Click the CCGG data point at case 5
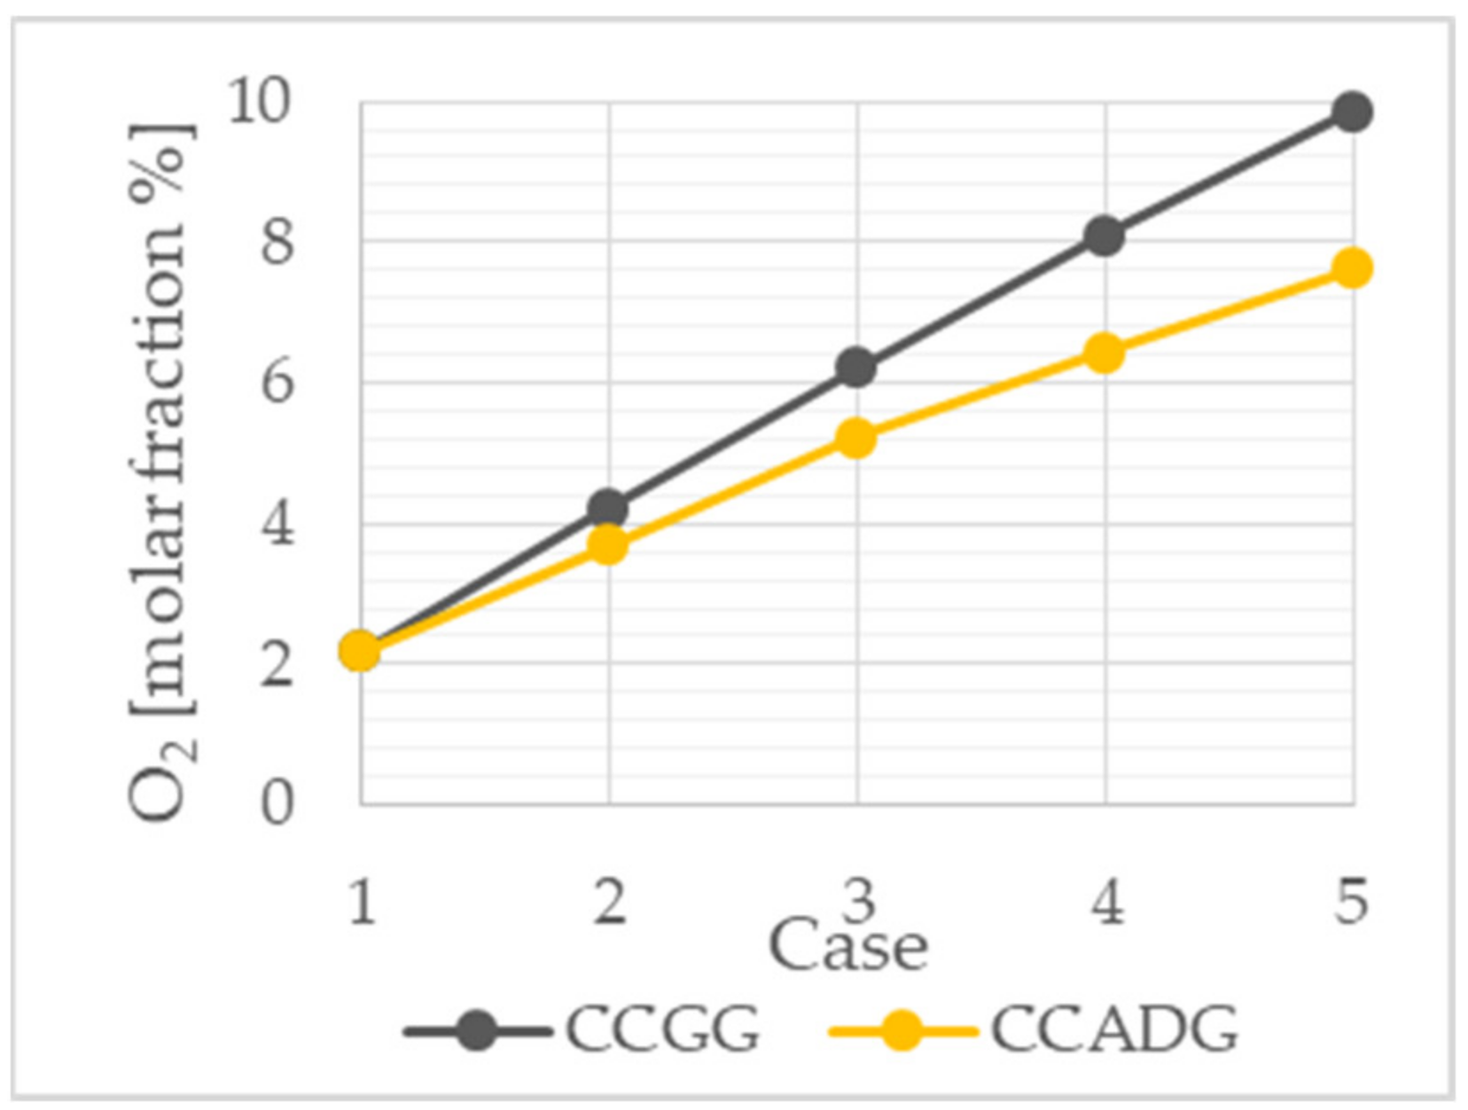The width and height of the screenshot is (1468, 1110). (x=1352, y=112)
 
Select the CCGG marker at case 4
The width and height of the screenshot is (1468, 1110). (x=1104, y=236)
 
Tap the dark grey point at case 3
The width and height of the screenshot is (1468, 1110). (x=856, y=367)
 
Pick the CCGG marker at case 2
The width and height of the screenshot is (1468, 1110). (x=608, y=509)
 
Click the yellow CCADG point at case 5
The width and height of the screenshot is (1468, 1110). (x=1352, y=268)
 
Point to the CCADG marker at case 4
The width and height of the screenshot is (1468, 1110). (x=1104, y=354)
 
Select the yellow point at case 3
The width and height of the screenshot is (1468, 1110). (x=856, y=438)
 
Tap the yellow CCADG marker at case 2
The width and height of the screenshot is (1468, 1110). (x=608, y=545)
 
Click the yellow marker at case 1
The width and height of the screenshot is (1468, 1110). (x=360, y=651)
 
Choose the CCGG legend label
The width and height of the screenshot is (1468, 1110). (x=662, y=1030)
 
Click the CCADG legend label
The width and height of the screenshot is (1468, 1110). (x=1113, y=1030)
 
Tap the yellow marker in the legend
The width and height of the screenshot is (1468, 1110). (x=902, y=1030)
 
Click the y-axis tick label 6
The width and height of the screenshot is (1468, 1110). (x=276, y=383)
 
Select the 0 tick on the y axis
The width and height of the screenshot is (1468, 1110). (x=276, y=804)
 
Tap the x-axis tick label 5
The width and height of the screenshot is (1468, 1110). (x=1351, y=903)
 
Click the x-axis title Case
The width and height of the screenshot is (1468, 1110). (x=847, y=947)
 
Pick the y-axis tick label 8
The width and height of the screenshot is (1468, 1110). (x=276, y=241)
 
